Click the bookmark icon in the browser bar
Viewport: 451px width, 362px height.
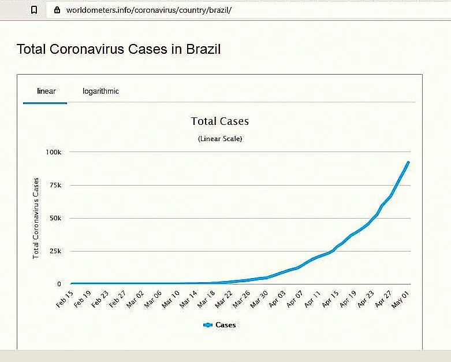click(x=35, y=10)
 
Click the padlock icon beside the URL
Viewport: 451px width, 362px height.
click(x=57, y=10)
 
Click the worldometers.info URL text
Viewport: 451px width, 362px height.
click(x=149, y=10)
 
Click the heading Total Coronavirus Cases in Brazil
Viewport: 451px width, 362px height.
click(x=118, y=49)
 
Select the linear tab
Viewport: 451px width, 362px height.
click(x=46, y=91)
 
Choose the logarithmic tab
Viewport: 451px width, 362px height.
click(x=100, y=91)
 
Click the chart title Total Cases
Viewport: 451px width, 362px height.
click(x=219, y=121)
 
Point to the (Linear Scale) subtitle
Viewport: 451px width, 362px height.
click(x=219, y=139)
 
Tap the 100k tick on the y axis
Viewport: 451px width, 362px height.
click(x=53, y=152)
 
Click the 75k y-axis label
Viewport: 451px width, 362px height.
click(x=55, y=185)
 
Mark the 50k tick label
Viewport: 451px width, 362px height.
click(x=55, y=218)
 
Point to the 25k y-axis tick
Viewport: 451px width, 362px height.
click(x=55, y=251)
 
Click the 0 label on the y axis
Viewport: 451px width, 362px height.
click(x=59, y=284)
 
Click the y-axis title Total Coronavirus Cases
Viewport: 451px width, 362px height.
click(x=36, y=218)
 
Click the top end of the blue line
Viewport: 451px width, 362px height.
click(x=408, y=162)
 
